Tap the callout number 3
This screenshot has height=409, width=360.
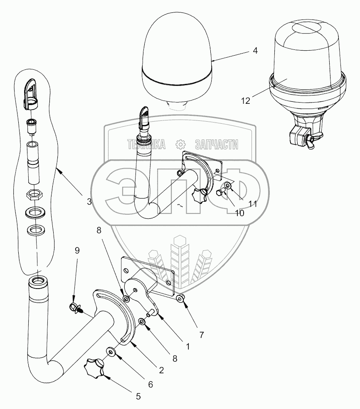[x=89, y=202]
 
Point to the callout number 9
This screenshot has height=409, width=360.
[x=76, y=250]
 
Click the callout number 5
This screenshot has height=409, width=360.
[x=138, y=396]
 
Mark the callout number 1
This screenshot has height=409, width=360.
[x=187, y=345]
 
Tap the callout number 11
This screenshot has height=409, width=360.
[x=253, y=204]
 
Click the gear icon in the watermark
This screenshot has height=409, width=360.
[x=180, y=144]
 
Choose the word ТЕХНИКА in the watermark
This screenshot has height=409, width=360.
[x=146, y=144]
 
